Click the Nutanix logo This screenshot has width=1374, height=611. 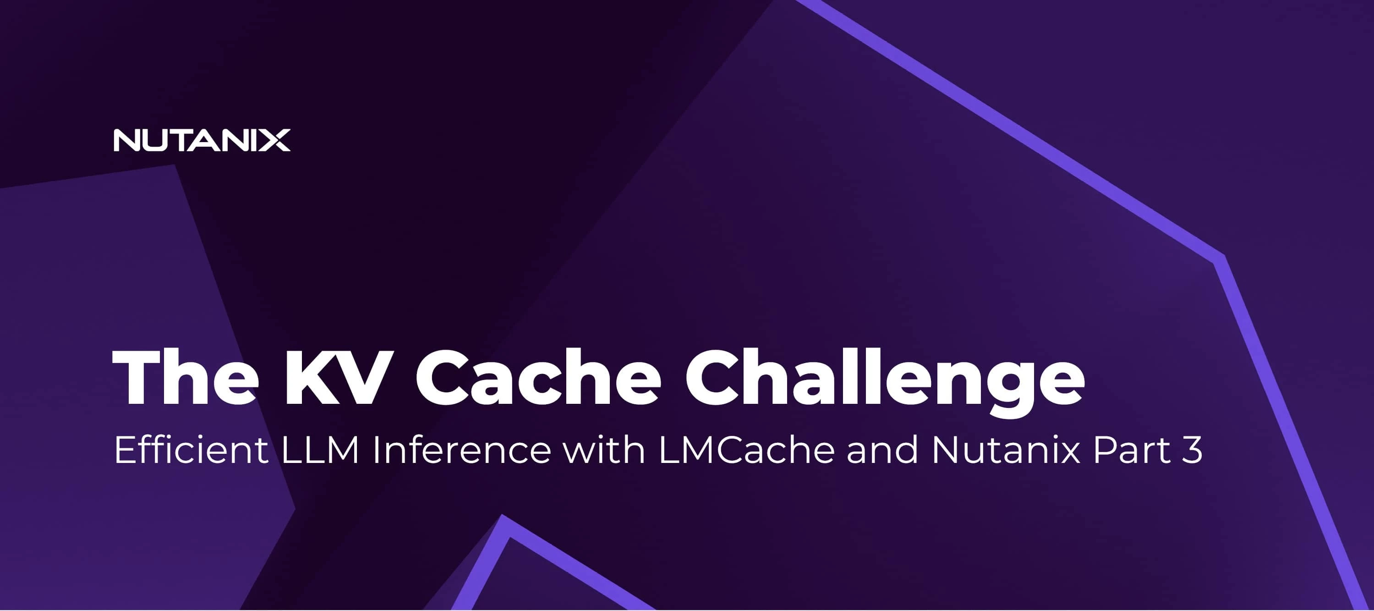(202, 140)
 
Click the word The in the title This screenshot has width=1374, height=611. (186, 378)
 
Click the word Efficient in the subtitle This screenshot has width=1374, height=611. (191, 449)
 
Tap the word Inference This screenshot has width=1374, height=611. (461, 450)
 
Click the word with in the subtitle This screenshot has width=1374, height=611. (604, 449)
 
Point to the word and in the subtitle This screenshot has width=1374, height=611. (882, 449)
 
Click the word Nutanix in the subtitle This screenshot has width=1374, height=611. (1006, 450)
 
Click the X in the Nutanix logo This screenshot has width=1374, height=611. (276, 140)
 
